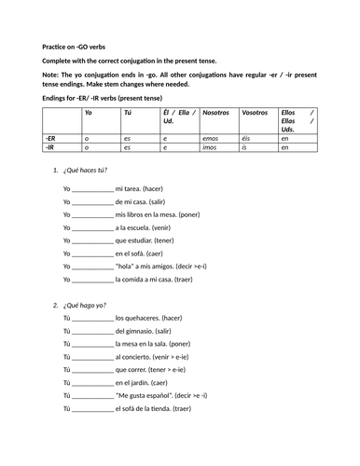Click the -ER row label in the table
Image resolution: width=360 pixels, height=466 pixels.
[49, 137]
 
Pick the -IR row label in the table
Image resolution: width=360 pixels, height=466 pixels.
[49, 147]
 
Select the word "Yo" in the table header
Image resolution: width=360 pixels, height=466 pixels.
[88, 112]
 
